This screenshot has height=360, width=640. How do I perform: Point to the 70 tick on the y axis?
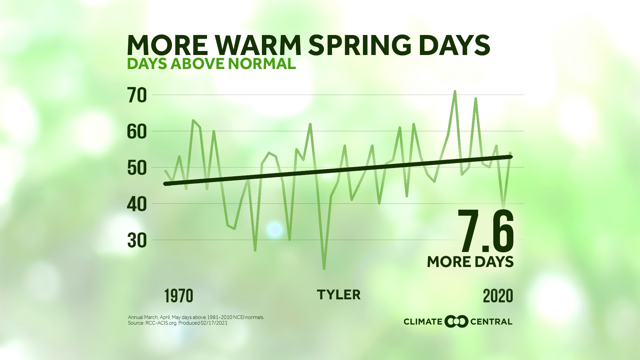(137, 95)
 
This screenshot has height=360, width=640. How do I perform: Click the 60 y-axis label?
(137, 132)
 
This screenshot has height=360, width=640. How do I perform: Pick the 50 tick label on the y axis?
(137, 168)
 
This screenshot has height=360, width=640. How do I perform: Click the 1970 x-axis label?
(179, 296)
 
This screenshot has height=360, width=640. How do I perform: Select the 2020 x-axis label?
(498, 296)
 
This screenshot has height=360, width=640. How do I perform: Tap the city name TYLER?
(338, 295)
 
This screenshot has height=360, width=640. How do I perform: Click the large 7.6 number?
(485, 231)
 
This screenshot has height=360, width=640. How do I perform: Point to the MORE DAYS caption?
(470, 262)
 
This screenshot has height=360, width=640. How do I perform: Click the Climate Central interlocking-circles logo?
(456, 322)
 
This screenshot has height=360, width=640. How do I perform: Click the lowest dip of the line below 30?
(324, 269)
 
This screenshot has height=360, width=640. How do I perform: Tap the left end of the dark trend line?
(166, 184)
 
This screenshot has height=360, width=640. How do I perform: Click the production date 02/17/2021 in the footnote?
(214, 323)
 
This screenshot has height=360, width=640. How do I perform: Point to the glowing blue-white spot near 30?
(275, 229)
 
